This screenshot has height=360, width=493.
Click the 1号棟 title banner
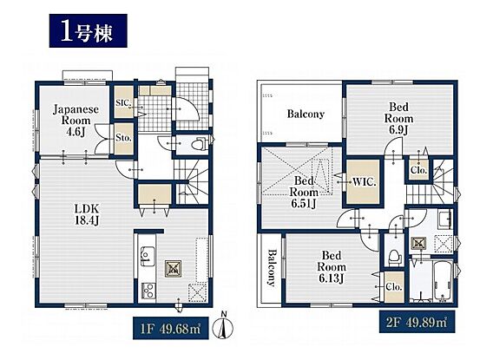tap(89, 30)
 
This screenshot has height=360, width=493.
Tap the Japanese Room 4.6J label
tap(76, 121)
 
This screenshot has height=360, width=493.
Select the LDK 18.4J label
tap(87, 214)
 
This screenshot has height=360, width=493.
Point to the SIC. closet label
tap(123, 102)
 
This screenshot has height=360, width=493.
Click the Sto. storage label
tap(123, 138)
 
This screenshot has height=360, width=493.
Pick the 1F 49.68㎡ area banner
tap(171, 328)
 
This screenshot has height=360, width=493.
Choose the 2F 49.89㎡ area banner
tap(417, 322)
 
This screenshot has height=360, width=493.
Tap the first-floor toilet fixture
tap(200, 145)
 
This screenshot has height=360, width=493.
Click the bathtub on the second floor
tap(443, 280)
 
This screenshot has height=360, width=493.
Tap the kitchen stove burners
tap(148, 291)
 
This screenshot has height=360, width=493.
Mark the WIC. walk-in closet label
tap(364, 182)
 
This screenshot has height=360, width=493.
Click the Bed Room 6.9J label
tap(398, 119)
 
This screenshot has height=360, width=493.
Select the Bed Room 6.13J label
tap(332, 266)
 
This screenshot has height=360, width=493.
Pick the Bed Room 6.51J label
tap(304, 193)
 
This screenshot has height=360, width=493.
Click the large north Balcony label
tap(306, 114)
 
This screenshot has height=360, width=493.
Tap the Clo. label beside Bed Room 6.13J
tap(394, 287)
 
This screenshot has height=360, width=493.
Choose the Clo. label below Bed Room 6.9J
tap(419, 170)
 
